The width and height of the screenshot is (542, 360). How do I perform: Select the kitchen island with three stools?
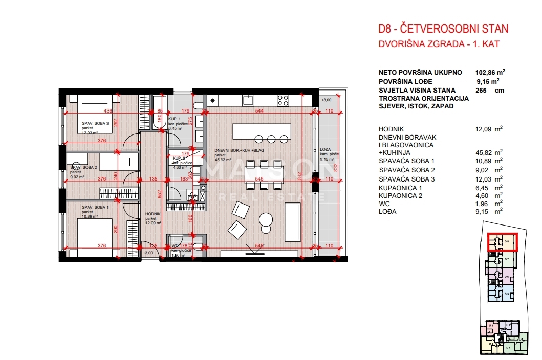(261, 131)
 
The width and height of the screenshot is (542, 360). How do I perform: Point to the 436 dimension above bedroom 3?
(107, 111)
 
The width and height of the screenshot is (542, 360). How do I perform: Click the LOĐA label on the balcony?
(324, 150)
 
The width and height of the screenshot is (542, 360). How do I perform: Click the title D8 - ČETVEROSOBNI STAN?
(443, 29)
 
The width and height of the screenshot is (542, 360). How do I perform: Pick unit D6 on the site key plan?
(507, 276)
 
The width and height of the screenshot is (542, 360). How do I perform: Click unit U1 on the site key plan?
(508, 348)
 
